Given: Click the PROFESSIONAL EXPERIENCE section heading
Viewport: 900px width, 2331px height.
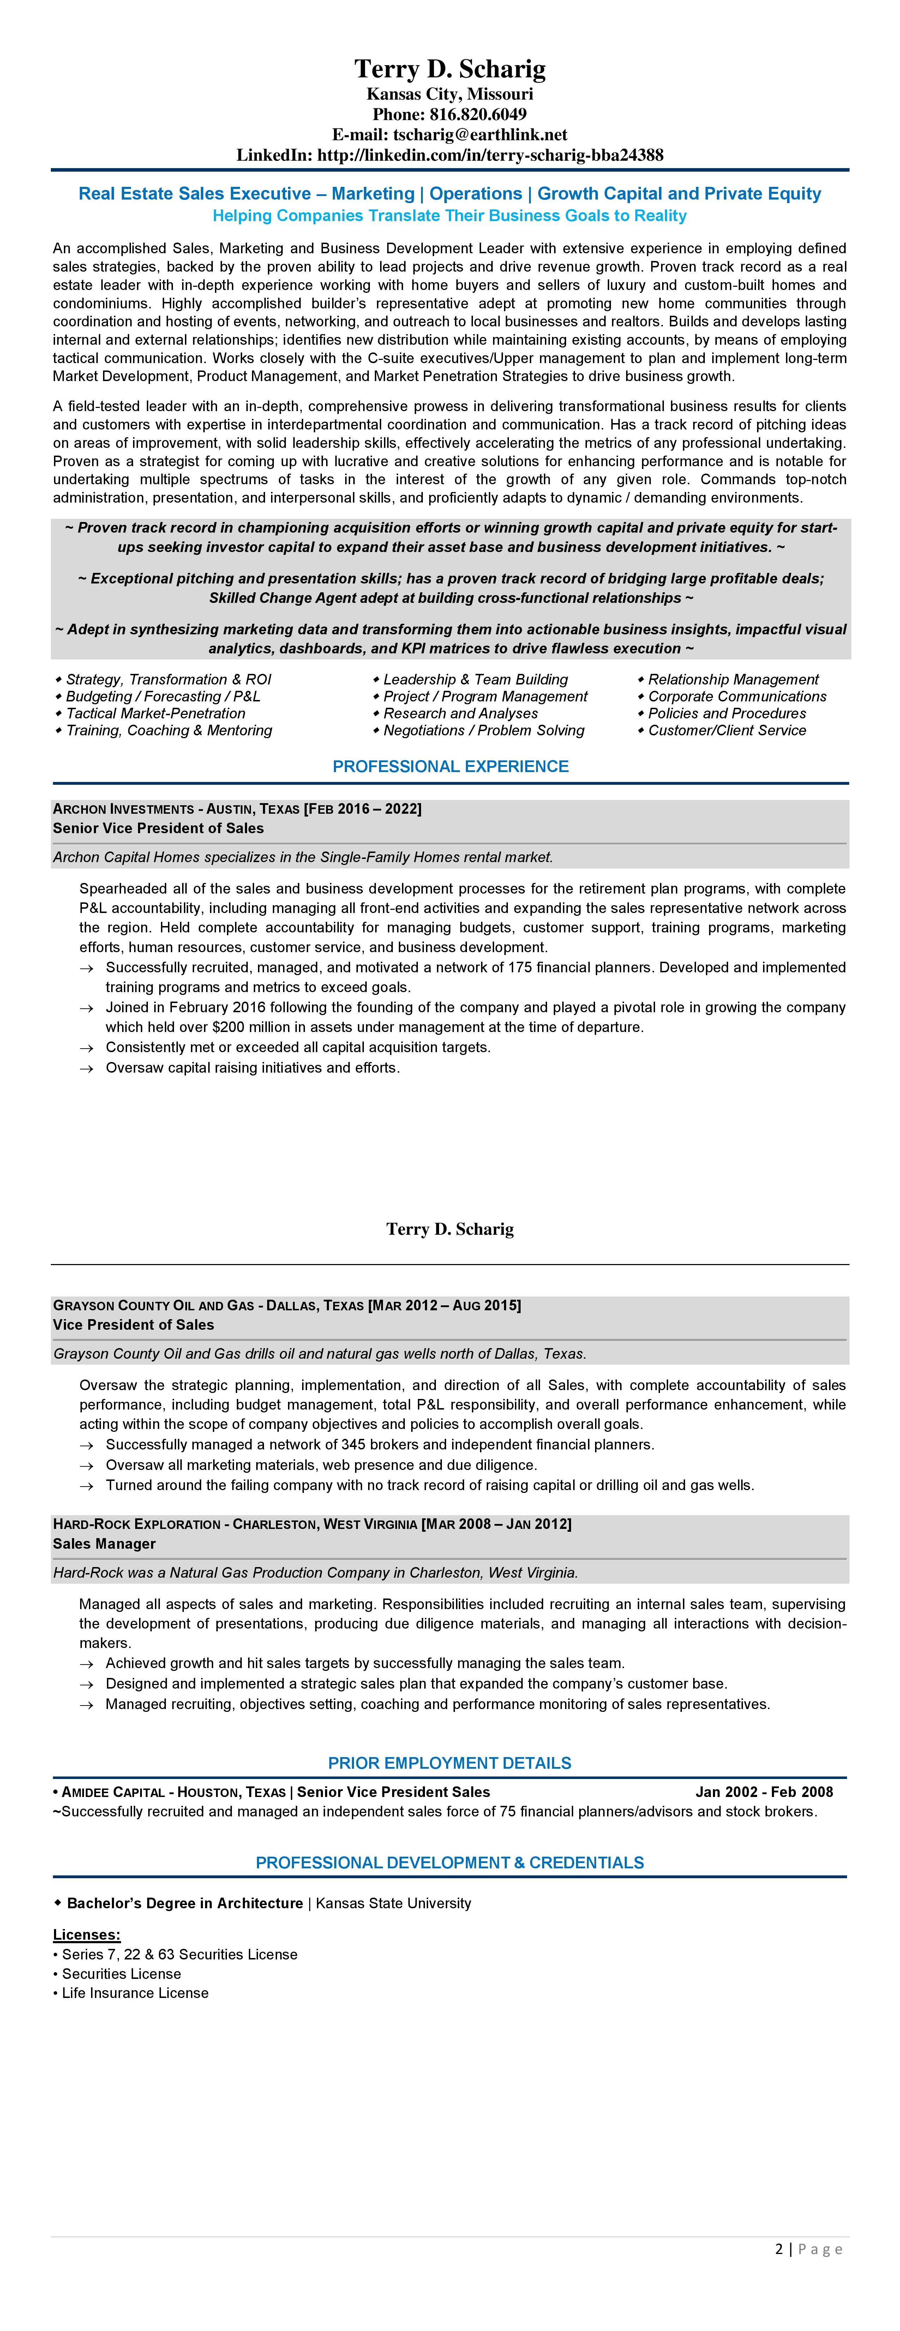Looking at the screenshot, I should (x=450, y=766).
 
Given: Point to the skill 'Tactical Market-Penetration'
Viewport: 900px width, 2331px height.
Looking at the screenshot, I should (x=156, y=713).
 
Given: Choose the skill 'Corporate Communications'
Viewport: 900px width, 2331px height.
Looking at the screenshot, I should (x=737, y=696).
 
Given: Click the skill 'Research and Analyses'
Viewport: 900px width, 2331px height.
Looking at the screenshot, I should (x=460, y=713).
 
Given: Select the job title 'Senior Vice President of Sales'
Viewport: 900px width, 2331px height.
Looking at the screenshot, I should (x=158, y=828).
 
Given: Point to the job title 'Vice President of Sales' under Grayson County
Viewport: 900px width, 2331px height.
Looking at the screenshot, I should (x=134, y=1325).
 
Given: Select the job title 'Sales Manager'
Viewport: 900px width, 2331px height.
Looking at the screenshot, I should (x=104, y=1544).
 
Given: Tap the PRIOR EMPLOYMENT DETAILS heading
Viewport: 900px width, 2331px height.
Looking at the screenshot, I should (x=450, y=1763).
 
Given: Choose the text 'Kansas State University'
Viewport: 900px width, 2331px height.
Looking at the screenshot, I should (x=394, y=1903).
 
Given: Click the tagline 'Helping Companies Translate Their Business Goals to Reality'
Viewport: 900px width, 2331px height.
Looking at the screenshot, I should (x=450, y=215).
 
